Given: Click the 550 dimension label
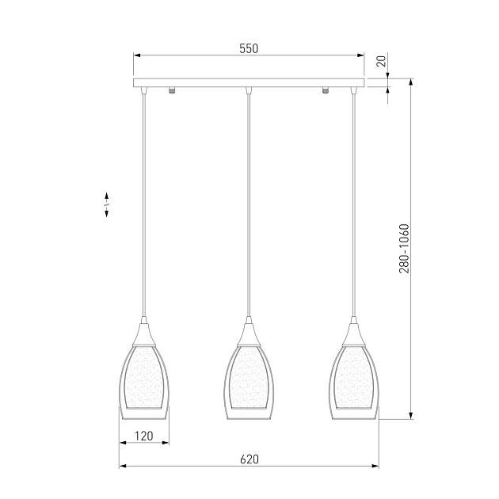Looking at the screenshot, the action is click(x=249, y=48).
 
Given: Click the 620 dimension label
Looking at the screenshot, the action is click(x=249, y=459).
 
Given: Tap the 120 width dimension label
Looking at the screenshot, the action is click(x=144, y=436).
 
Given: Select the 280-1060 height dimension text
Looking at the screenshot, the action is click(x=404, y=249).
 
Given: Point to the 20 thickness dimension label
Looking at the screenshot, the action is click(x=381, y=61).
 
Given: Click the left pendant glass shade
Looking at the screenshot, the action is click(x=144, y=383).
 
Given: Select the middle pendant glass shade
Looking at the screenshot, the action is click(x=249, y=383).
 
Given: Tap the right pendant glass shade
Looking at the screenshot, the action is click(x=353, y=383).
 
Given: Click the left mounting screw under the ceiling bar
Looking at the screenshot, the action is click(x=172, y=90).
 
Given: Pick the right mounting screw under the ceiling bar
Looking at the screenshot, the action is click(x=326, y=90).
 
